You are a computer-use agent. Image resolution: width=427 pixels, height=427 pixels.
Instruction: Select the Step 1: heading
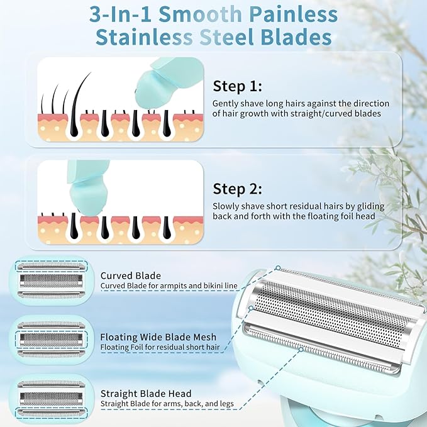(238, 86)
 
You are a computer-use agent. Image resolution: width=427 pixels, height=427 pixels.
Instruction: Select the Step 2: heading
(238, 189)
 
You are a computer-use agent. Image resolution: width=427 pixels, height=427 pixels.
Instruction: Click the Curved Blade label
(130, 275)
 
